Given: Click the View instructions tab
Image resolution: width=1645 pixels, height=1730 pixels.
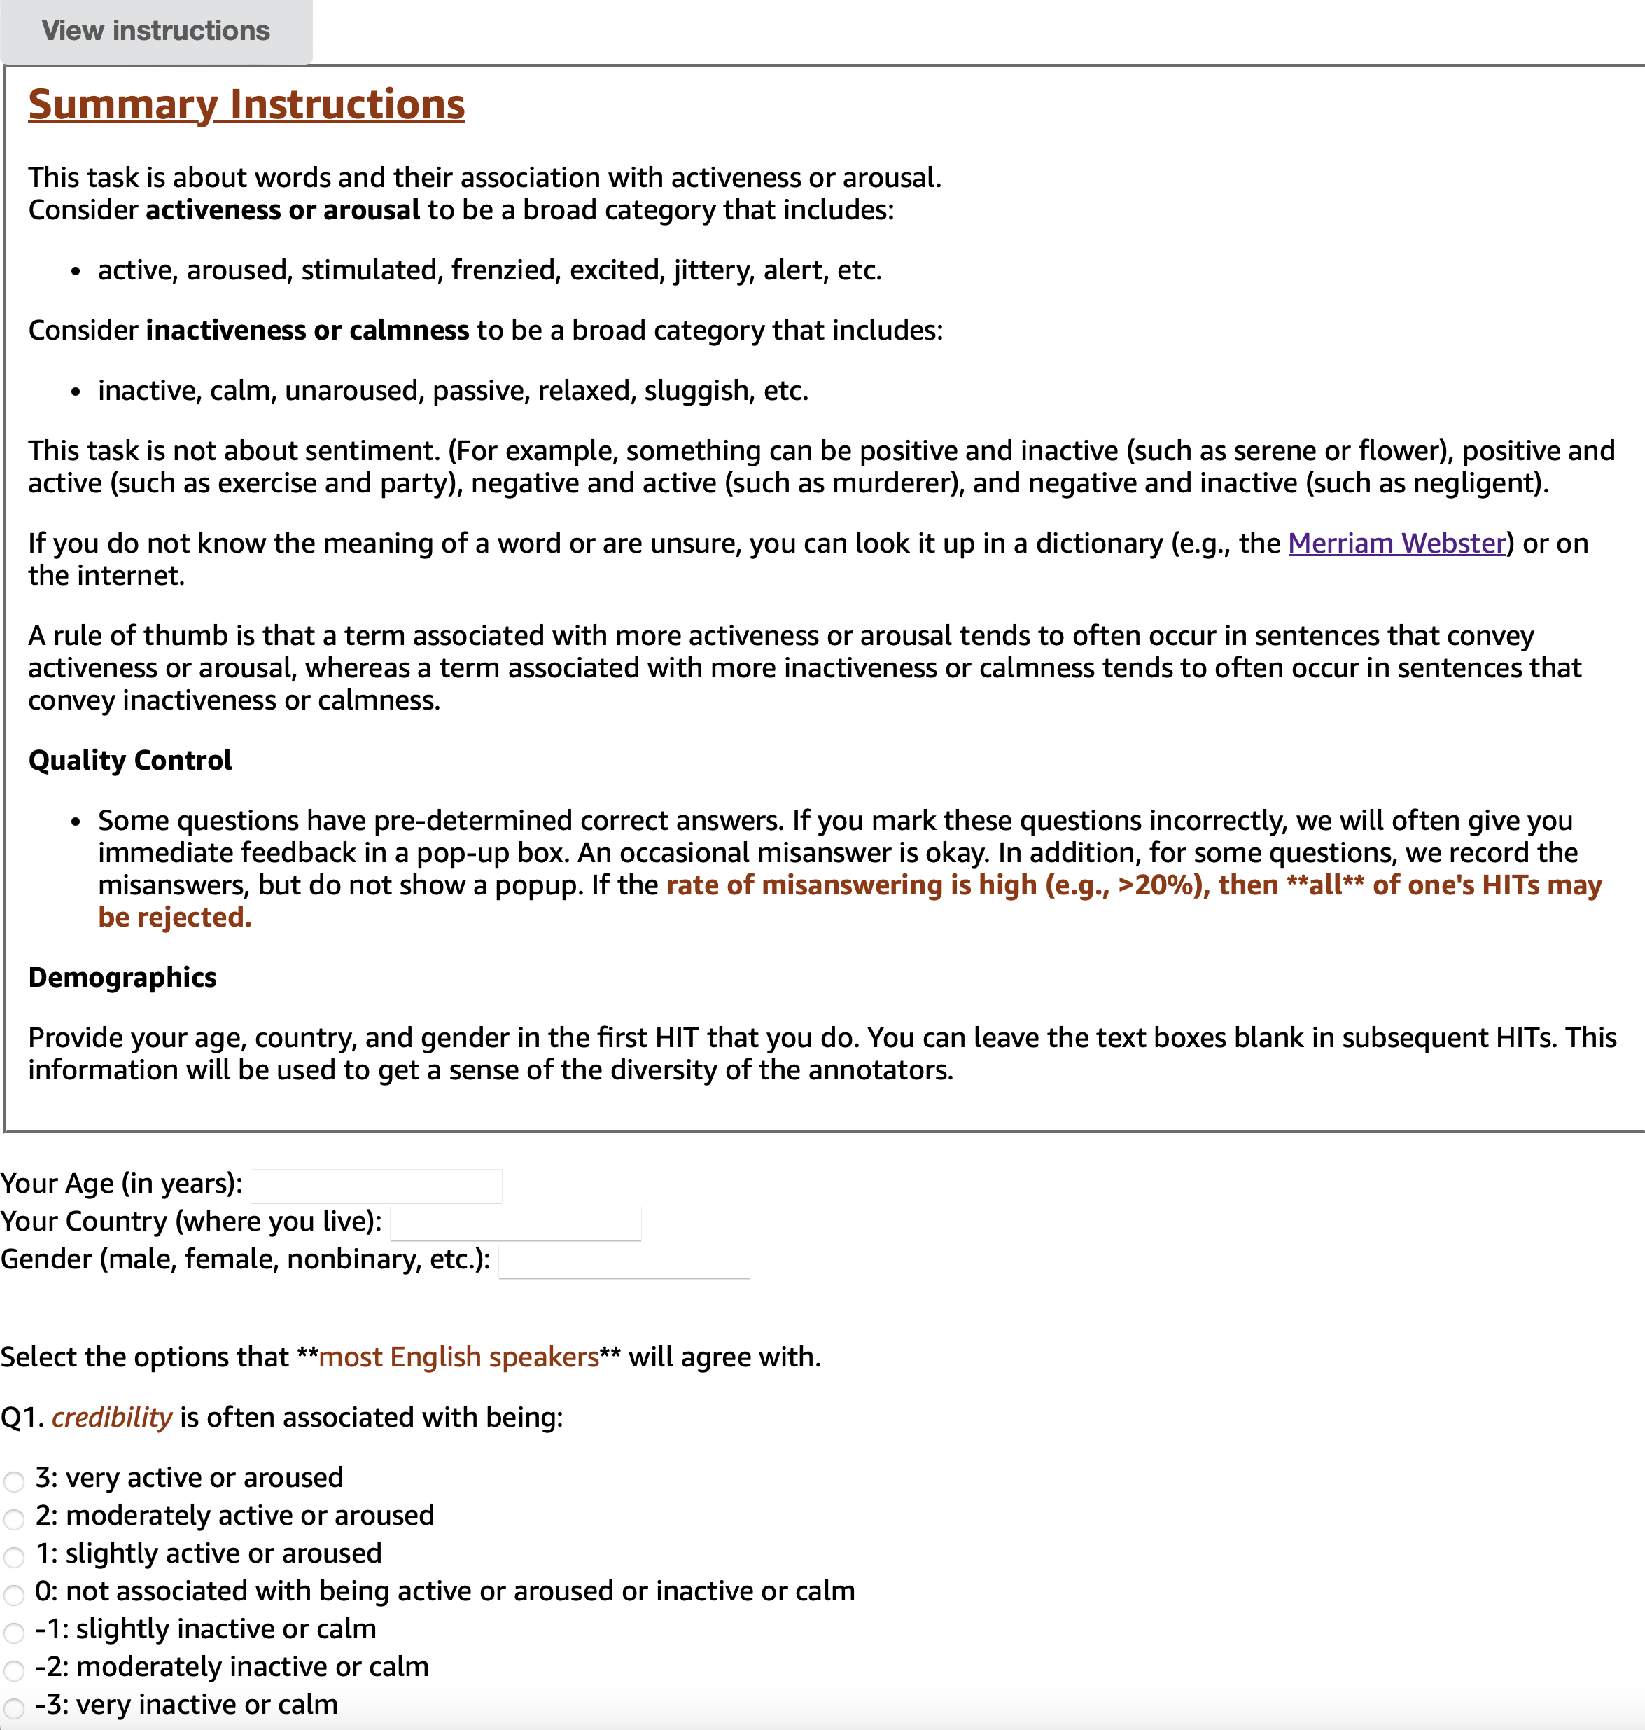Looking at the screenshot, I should [x=156, y=32].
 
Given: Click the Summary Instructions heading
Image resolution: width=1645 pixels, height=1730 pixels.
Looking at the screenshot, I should [x=246, y=104].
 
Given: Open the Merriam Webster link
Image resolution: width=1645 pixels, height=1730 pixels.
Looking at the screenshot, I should [x=1396, y=544].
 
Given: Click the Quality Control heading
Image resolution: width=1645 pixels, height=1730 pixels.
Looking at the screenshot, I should [x=129, y=761].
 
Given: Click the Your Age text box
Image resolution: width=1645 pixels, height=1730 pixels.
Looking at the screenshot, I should [x=376, y=1185].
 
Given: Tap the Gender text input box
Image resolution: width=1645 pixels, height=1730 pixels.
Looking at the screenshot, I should [x=624, y=1261].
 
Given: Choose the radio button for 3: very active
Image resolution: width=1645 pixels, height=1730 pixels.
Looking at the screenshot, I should [x=14, y=1482].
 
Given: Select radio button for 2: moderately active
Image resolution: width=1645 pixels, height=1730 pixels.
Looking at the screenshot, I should [x=14, y=1519].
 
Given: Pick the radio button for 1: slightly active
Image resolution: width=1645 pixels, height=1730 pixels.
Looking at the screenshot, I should [x=14, y=1557].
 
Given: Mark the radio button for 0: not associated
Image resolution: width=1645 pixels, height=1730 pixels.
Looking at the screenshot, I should [x=14, y=1595].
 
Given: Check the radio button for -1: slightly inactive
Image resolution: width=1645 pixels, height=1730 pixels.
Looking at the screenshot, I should [x=14, y=1633].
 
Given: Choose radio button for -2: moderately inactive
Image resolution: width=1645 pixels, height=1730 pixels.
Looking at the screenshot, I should [x=14, y=1670].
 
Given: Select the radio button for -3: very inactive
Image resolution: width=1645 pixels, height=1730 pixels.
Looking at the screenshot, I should [x=14, y=1708].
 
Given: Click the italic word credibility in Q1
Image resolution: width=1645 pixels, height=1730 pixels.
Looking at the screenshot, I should [x=112, y=1418].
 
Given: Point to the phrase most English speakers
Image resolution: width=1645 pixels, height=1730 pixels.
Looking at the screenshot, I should [x=458, y=1357].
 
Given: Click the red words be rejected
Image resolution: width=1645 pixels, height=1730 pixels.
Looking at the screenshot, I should [x=174, y=918].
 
